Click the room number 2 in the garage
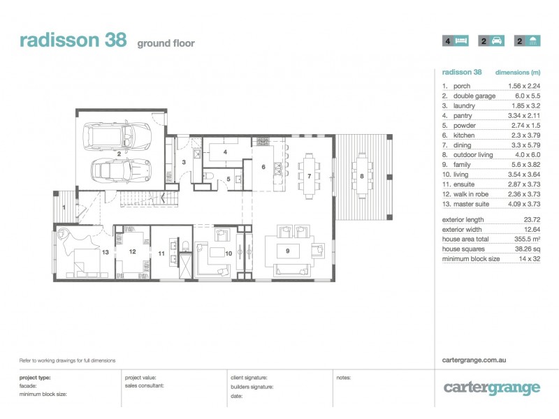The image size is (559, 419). tap(119, 154)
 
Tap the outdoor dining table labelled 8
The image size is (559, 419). tap(362, 176)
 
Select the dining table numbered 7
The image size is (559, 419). tap(309, 176)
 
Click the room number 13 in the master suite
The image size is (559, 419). tap(106, 252)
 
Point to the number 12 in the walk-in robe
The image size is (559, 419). tap(133, 251)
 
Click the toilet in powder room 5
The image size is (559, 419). tap(208, 176)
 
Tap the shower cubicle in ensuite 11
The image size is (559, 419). tap(186, 265)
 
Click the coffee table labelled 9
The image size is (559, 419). tap(288, 251)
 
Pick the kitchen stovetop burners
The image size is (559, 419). tap(263, 142)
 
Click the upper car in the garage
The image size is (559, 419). tap(117, 135)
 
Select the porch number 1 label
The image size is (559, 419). tap(64, 207)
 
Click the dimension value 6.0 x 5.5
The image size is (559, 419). tap(528, 96)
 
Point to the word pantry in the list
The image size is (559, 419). tap(463, 116)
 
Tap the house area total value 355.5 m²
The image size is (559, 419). tap(527, 239)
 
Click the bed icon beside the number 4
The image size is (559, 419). tap(460, 41)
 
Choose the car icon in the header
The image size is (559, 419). tap(497, 41)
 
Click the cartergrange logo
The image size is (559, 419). tap(492, 388)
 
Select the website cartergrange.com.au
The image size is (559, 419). tap(474, 360)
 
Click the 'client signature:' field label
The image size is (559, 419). tap(249, 378)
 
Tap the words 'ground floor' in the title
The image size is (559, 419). tap(166, 43)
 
